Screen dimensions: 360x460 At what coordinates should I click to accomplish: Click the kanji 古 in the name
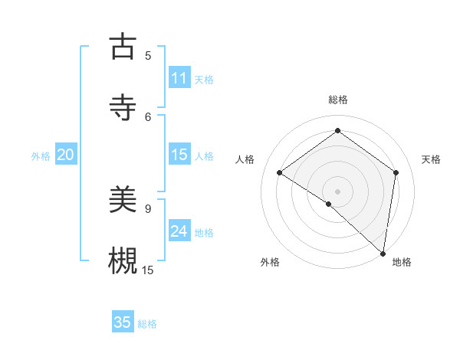click(122, 47)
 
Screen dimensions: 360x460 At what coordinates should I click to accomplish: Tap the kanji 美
click(122, 200)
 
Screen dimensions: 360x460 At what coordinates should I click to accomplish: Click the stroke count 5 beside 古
click(148, 55)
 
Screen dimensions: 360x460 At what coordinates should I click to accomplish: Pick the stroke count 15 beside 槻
click(148, 270)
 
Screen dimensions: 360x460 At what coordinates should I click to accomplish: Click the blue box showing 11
click(179, 78)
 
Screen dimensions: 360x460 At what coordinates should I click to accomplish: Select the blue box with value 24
click(179, 231)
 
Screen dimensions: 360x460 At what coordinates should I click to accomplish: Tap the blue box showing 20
click(65, 155)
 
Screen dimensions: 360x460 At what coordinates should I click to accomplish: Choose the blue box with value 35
click(123, 322)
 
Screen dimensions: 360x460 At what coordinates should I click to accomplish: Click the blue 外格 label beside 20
click(41, 156)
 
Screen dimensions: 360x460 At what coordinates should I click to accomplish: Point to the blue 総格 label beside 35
click(147, 324)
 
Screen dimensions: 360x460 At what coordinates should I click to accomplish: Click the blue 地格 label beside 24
click(204, 233)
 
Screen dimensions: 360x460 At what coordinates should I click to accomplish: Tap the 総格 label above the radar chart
click(337, 100)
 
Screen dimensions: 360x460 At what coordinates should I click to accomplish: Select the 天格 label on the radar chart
click(431, 159)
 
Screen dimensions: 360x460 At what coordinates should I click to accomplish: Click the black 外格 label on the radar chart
click(270, 262)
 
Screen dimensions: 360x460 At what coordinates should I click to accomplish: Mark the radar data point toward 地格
click(383, 253)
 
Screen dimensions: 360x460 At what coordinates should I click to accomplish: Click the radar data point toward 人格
click(280, 173)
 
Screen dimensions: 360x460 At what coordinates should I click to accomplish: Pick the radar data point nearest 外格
click(328, 204)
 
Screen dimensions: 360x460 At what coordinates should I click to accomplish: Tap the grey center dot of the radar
click(337, 191)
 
